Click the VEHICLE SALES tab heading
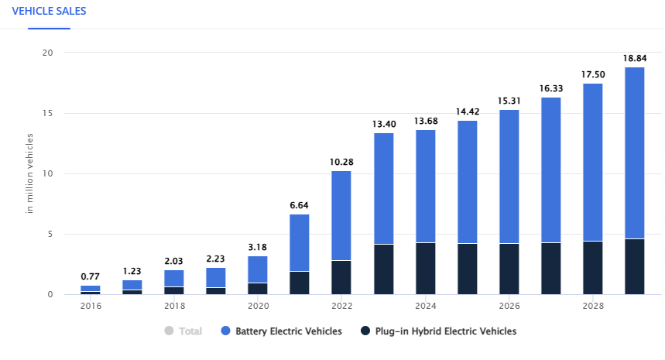click(x=49, y=12)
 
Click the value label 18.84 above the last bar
click(x=634, y=58)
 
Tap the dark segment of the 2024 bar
click(x=425, y=268)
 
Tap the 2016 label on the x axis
click(x=91, y=306)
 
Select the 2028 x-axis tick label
click(x=592, y=306)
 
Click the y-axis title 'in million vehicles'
click(x=29, y=173)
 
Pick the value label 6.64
click(x=300, y=204)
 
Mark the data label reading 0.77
click(x=91, y=276)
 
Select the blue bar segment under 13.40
click(x=383, y=189)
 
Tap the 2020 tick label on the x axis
click(x=258, y=306)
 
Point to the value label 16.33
click(x=550, y=88)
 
